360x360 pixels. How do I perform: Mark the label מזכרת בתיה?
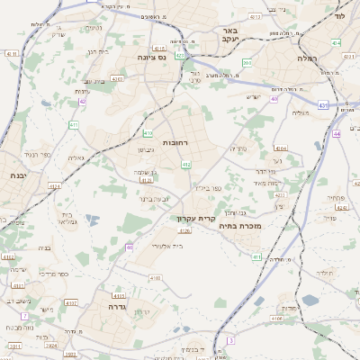(239, 226)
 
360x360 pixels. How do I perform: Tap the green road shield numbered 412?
(186, 165)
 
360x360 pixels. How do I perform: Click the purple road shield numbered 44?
(336, 133)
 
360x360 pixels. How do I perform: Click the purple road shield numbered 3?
(230, 339)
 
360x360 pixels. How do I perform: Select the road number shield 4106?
(276, 317)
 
